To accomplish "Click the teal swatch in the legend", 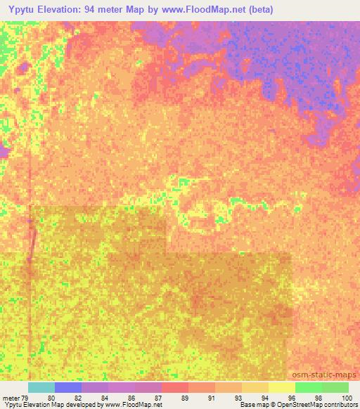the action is (41, 387).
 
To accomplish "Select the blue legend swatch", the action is (68, 387).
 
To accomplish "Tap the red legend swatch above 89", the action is (175, 387).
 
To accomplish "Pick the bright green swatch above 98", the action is (309, 387).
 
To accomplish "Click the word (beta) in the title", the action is (257, 10).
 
